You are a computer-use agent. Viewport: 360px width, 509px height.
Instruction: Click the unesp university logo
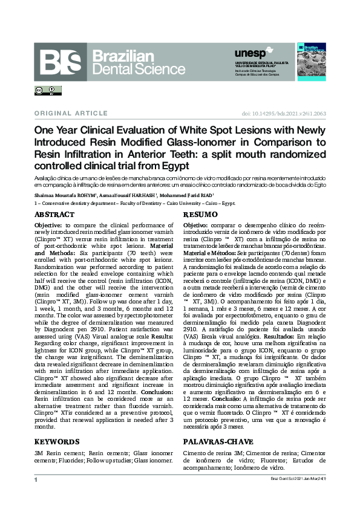249,54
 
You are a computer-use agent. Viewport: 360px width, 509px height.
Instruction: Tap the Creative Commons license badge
47,91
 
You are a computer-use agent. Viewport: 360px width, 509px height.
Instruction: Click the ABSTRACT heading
54,215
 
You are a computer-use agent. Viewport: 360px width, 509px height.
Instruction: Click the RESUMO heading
200,215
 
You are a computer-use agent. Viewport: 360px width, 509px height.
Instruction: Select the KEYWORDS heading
56,442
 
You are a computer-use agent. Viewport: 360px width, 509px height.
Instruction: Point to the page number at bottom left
36,479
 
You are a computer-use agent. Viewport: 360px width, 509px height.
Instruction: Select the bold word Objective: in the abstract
48,224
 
